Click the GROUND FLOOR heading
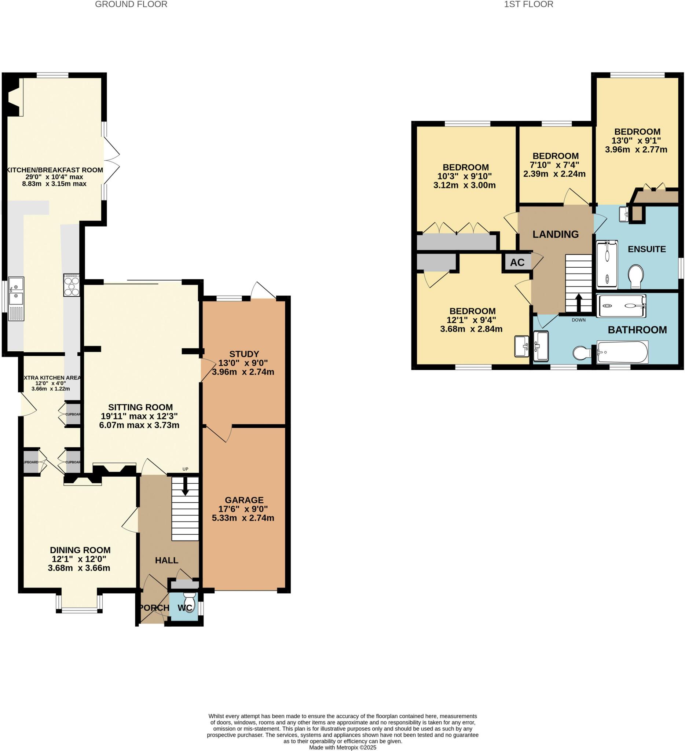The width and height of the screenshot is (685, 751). point(131,4)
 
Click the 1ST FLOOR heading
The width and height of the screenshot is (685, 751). point(528,4)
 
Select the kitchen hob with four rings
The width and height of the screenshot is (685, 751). point(72,285)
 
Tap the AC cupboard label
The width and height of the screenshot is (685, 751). point(517,263)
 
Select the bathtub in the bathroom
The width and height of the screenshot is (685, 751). point(622,352)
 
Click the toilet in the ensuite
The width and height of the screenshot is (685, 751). point(636,276)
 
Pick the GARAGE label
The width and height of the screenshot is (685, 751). point(244,500)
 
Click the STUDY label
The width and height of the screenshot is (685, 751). point(244,354)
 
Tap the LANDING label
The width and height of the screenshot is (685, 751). point(556,234)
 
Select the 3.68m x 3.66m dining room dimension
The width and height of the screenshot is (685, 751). point(79,568)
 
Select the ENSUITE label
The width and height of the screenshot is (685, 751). point(646,249)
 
